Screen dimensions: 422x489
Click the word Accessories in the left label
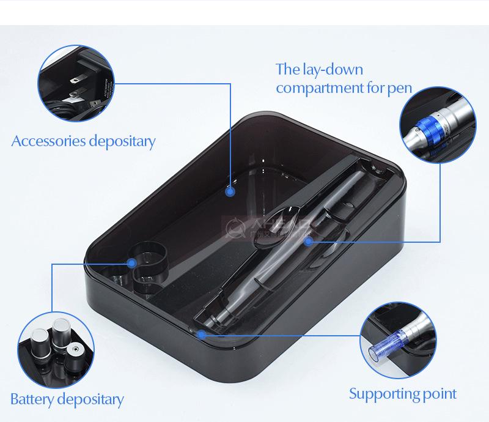pyautogui.click(x=48, y=142)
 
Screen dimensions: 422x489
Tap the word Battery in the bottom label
pyautogui.click(x=31, y=401)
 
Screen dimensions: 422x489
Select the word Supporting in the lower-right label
pyautogui.click(x=383, y=393)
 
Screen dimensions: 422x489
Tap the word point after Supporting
pyautogui.click(x=439, y=393)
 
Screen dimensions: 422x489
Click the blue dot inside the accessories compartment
pyautogui.click(x=230, y=191)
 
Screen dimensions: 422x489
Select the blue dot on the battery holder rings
pyautogui.click(x=132, y=263)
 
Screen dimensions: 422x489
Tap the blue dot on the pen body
pyautogui.click(x=309, y=242)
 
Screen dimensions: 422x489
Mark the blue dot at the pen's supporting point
pyautogui.click(x=201, y=334)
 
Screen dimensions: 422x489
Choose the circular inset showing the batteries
pyautogui.click(x=56, y=349)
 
